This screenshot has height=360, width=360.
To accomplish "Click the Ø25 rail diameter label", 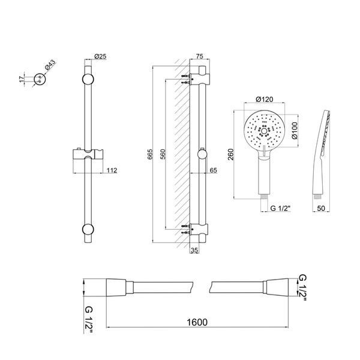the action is pos(100,56).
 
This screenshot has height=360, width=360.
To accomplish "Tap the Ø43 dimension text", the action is pos(50,65).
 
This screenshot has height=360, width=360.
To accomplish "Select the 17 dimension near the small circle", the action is pos(22,79).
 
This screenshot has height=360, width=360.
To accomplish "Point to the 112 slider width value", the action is pos(112,170).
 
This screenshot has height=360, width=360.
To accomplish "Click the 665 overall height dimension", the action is pos(149,155).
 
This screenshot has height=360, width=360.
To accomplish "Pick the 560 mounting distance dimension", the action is pos(163,155).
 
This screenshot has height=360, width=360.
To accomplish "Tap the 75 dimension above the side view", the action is pos(200,56).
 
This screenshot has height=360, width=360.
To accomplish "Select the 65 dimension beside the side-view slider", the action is pos(213,170).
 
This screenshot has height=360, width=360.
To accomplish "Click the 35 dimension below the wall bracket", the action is pos(194,250).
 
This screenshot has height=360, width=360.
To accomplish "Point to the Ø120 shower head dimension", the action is pos(264,100).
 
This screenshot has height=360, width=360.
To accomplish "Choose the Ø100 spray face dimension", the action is pos(295,130).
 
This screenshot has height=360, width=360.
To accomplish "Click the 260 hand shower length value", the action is pos(230,155).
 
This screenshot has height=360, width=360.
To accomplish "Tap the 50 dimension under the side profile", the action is pos(321,208).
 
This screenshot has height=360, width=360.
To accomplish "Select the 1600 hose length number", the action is pos(197,322).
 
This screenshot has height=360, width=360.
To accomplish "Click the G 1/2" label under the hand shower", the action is pos(280,208).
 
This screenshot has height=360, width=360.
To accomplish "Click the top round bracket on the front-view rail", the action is pos(88,79).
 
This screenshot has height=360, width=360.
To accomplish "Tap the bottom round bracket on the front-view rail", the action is pos(88,230).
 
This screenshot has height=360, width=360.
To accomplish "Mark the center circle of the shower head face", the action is pos(264,131).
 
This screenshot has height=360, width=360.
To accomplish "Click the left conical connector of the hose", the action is pos(116,287).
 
